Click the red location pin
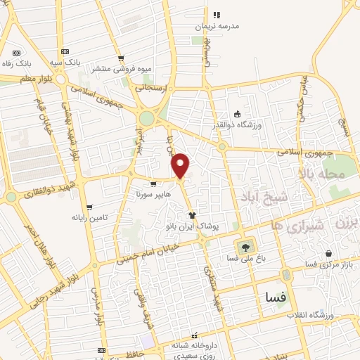[x=181, y=165]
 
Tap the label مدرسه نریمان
[x=217, y=25]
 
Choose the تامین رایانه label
[x=89, y=217]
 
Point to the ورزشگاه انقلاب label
[x=309, y=316]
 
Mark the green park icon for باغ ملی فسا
[x=245, y=247]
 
